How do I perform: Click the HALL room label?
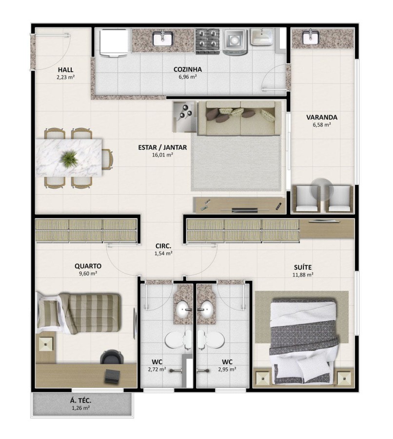pyautogui.click(x=65, y=69)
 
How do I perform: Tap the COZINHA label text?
pyautogui.click(x=187, y=69)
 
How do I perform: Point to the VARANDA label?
pyautogui.click(x=321, y=117)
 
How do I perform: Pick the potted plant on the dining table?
pyautogui.click(x=70, y=158)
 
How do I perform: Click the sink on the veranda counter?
pyautogui.click(x=308, y=38)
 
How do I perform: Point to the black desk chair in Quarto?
pyautogui.click(x=109, y=358)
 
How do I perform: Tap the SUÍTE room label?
pyautogui.click(x=303, y=267)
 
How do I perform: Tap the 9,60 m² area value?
pyautogui.click(x=88, y=274)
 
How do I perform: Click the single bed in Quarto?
pyautogui.click(x=79, y=313)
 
